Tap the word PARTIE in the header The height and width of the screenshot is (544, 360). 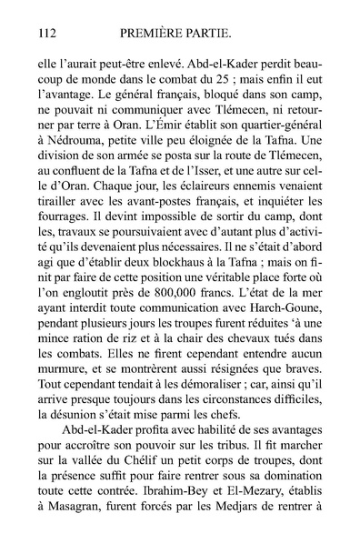tap(215, 34)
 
